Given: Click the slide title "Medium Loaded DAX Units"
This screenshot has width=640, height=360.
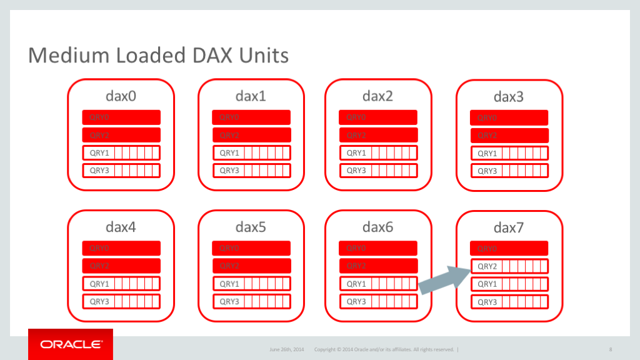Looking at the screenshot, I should tap(158, 55).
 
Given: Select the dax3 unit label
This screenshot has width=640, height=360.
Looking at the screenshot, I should tap(509, 96).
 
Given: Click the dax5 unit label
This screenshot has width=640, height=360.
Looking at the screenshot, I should tap(251, 227).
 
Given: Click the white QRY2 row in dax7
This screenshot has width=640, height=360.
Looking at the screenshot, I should tap(509, 266).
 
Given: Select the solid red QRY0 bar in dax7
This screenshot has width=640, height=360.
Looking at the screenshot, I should tap(509, 248).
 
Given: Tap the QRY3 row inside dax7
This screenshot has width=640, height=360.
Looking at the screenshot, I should tap(509, 302).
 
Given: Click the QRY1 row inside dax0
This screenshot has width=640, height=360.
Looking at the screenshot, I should tap(121, 152).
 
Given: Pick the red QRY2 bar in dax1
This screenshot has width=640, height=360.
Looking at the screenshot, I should tap(251, 135).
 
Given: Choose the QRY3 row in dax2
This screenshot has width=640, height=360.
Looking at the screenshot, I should tap(378, 170).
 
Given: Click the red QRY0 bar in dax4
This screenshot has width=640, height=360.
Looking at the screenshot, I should tap(121, 248).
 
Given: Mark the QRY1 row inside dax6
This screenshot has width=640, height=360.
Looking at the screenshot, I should tap(378, 284).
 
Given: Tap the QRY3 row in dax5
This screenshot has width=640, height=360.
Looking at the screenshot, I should tap(251, 301).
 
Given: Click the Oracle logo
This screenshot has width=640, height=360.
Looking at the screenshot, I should tap(71, 344).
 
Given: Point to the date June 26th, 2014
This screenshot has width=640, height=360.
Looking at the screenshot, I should tap(286, 349).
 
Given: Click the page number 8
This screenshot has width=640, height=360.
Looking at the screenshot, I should tap(610, 349).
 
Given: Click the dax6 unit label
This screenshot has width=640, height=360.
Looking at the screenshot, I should tap(378, 227).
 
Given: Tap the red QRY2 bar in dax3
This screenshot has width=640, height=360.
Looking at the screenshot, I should tap(509, 135).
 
